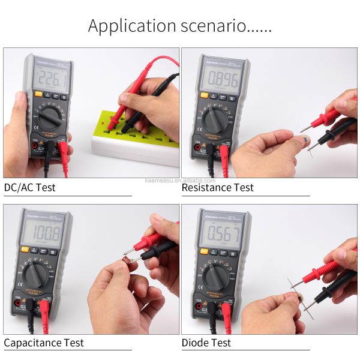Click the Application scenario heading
pos(179,26)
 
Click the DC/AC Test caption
pos(29,187)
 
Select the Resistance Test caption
pos(217,187)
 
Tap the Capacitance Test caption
pos(44,343)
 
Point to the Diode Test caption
pos(206,343)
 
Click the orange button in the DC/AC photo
pos(38,94)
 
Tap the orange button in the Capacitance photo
pos(25,250)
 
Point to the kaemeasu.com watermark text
pos(180,180)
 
